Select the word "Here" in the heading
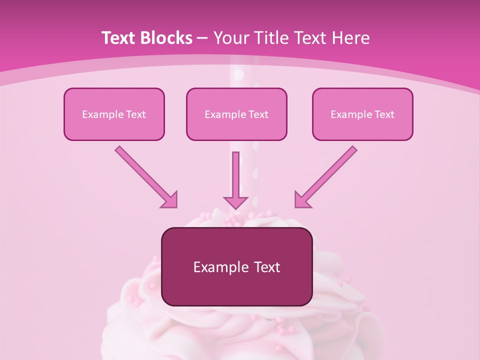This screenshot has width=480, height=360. pyautogui.click(x=351, y=38)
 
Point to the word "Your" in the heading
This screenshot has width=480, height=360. pyautogui.click(x=230, y=38)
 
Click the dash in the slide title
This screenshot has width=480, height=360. pyautogui.click(x=202, y=38)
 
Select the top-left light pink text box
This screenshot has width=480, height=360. pyautogui.click(x=114, y=114)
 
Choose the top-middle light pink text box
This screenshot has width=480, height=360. pyautogui.click(x=236, y=114)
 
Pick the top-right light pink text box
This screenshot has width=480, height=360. pyautogui.click(x=362, y=114)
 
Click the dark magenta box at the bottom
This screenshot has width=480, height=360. pyautogui.click(x=236, y=266)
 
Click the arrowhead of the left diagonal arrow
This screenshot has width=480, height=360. pyautogui.click(x=169, y=199)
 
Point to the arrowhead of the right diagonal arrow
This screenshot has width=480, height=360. pyautogui.click(x=302, y=199)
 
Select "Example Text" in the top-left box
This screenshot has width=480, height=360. pyautogui.click(x=114, y=114)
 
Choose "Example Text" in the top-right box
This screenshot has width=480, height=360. pyautogui.click(x=362, y=114)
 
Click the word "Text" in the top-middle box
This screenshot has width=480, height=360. pyautogui.click(x=258, y=114)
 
